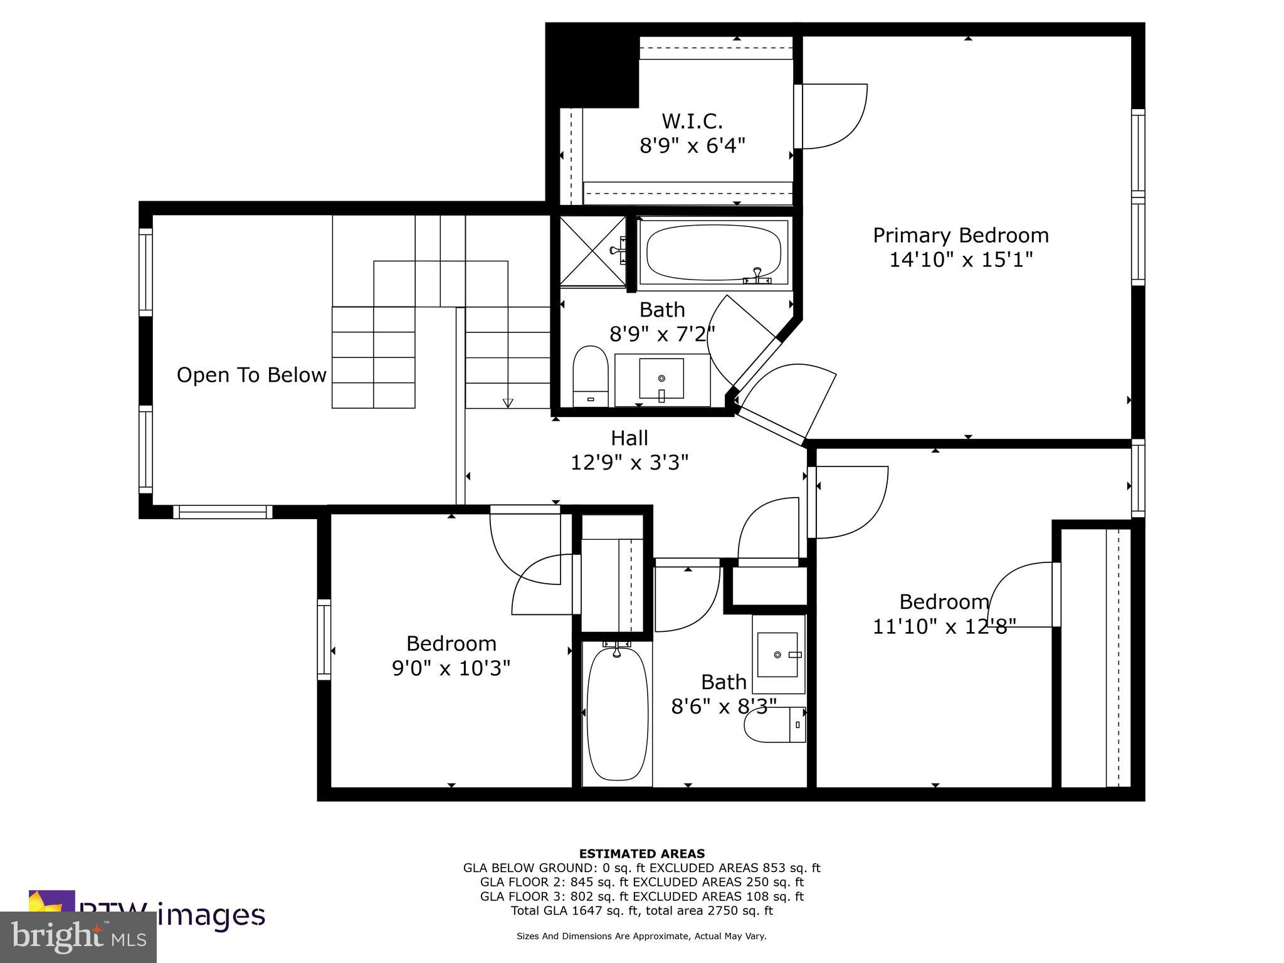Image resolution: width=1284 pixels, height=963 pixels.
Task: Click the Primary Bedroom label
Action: pos(960,236)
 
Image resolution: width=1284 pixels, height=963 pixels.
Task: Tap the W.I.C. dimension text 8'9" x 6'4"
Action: pos(692,146)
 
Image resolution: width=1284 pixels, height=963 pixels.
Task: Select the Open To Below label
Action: pos(251,375)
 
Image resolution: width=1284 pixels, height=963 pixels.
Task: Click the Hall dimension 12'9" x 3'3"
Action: pos(629,463)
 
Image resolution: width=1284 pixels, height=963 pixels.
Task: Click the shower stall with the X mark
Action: pos(592,251)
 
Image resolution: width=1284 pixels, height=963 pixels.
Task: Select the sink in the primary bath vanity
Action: pos(661,379)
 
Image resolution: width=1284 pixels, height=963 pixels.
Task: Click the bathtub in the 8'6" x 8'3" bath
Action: pos(617,715)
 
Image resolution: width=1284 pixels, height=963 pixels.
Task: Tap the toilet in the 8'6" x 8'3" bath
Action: pos(775,725)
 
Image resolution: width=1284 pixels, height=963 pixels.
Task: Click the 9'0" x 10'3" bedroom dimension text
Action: pos(451,669)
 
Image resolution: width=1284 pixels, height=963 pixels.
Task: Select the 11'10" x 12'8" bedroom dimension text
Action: pos(944,626)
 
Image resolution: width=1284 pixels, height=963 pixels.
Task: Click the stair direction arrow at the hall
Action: pos(508,403)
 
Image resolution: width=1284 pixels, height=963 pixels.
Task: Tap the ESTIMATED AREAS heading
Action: pos(641,853)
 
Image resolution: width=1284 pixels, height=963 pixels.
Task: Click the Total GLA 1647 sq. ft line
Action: pos(641,911)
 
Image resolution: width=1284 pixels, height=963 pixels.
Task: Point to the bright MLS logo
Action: pos(78,937)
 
